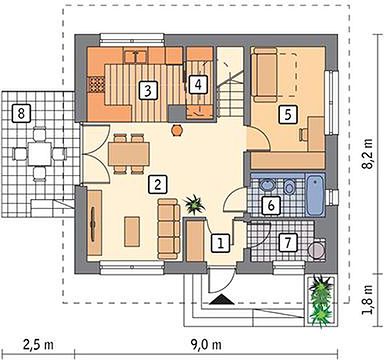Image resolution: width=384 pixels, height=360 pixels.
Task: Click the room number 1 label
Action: coord(220,242)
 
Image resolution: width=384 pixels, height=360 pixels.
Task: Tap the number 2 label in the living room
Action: coord(158,184)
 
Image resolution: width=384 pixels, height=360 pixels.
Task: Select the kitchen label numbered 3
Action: coord(148,91)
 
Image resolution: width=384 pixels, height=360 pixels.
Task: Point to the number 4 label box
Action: coord(198,84)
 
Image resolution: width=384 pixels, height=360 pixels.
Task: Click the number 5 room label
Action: coord(288,115)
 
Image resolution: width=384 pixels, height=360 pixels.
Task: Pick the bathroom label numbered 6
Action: coord(271,205)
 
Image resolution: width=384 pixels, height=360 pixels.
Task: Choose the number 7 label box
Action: coord(289,242)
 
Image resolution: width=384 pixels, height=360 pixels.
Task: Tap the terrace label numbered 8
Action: coord(21,113)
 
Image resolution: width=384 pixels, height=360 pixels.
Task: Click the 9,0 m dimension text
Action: coord(207,345)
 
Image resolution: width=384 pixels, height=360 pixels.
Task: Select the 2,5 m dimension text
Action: coord(39,345)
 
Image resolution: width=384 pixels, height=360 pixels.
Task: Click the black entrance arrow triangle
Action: coord(222,299)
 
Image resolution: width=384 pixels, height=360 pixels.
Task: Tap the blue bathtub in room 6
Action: coord(316,196)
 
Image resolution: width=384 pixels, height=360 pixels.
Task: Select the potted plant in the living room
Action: coord(195,204)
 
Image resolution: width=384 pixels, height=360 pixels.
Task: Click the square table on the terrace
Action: coord(40,153)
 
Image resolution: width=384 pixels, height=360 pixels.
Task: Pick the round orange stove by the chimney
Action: coord(177,130)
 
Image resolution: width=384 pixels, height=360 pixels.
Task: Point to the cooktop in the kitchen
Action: coord(96,85)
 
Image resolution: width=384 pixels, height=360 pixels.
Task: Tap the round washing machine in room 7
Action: coord(317,249)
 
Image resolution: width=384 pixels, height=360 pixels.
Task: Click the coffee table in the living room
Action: coord(132,231)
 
